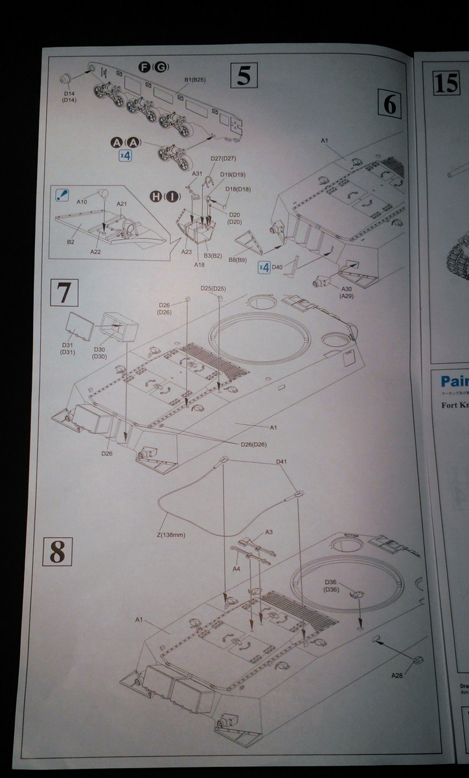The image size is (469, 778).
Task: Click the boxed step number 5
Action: (x=244, y=76)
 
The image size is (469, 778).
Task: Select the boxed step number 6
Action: (x=389, y=103)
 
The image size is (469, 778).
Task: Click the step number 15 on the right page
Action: (x=446, y=84)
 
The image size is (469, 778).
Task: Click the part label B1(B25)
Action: (x=194, y=80)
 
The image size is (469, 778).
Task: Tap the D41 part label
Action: (x=281, y=462)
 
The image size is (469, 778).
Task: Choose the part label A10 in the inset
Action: (x=82, y=202)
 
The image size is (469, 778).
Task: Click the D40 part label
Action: (x=277, y=266)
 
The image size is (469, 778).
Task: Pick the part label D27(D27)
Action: (x=223, y=159)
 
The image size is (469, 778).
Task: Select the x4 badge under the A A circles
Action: (x=126, y=156)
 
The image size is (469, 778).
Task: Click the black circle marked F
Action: (x=144, y=67)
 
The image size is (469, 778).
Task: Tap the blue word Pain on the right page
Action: (x=454, y=381)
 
